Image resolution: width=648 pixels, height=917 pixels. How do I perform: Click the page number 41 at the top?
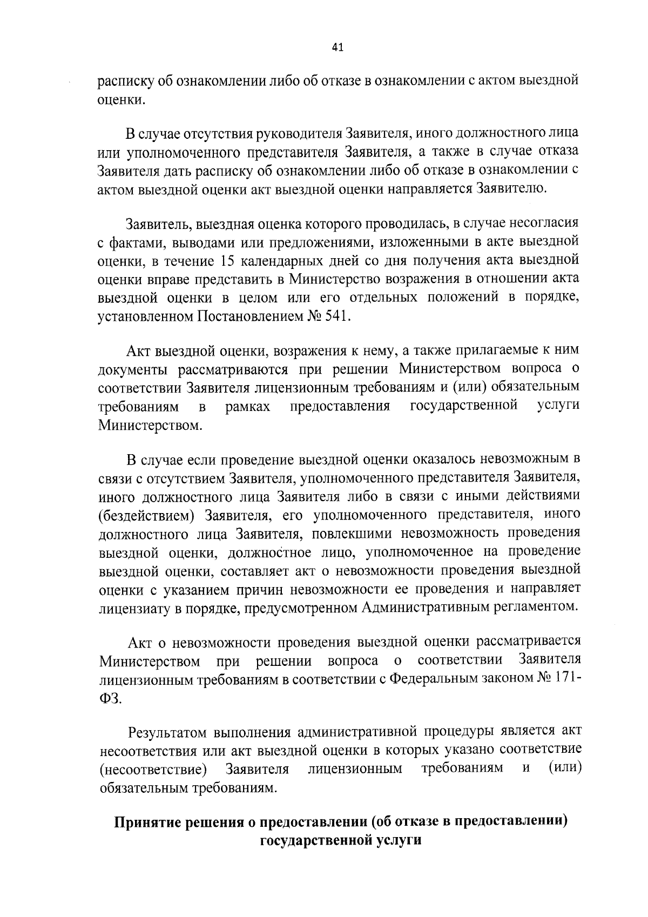[337, 48]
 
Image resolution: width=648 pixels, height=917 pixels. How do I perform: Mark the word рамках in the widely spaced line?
[248, 407]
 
